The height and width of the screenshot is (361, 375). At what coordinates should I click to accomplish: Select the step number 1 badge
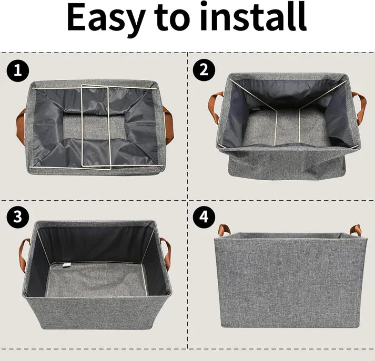[x=17, y=70]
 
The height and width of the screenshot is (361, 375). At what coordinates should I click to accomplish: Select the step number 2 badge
[x=204, y=70]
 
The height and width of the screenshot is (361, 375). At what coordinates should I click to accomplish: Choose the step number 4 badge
[x=204, y=217]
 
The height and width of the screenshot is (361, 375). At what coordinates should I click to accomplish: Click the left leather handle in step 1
[x=20, y=126]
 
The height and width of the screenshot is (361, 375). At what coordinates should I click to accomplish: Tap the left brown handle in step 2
[x=216, y=108]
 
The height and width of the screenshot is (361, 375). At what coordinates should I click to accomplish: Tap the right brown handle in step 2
[x=357, y=108]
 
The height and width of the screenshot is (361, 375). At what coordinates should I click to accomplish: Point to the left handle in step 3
[x=24, y=254]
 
